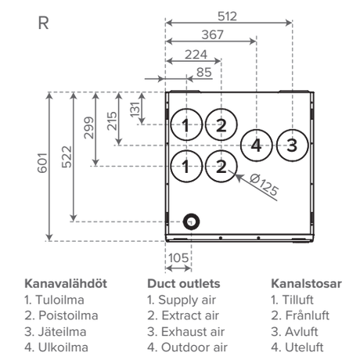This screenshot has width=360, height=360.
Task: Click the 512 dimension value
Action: point(227,16)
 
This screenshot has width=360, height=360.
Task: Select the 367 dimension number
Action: point(212,34)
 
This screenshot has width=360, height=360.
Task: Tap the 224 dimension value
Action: point(196,55)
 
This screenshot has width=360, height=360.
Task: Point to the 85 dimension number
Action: point(204,72)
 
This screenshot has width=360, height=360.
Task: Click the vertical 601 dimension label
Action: point(42,163)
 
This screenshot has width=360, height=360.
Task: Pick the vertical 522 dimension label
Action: point(67,157)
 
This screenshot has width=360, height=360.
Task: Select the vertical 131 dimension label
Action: point(135,110)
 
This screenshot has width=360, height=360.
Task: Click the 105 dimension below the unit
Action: point(178,258)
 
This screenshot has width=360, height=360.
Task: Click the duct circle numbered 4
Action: point(257,130)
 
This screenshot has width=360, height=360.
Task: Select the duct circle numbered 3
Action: point(292,130)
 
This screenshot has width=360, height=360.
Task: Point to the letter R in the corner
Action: point(43,23)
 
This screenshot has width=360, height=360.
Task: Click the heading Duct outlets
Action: point(184,283)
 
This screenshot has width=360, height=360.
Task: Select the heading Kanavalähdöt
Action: point(66,283)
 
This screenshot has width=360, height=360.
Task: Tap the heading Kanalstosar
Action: point(307,283)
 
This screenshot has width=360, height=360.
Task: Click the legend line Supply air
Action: point(182,301)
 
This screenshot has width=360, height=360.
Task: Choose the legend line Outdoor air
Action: point(187,347)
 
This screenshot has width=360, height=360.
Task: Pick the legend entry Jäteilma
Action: point(56,332)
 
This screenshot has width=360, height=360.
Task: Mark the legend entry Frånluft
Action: point(300,315)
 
